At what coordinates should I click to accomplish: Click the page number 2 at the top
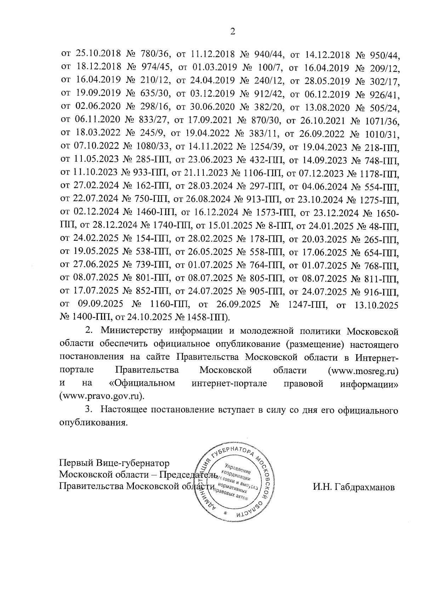click(233, 31)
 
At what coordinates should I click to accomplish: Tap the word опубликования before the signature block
click(93, 423)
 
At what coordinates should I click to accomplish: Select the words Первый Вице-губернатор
click(114, 463)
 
